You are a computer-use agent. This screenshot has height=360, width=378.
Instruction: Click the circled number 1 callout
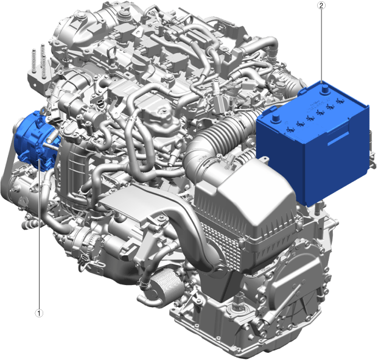point(39,313)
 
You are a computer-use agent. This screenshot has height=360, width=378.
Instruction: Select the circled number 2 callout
point(321,6)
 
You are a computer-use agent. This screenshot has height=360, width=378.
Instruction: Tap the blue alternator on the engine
point(36,141)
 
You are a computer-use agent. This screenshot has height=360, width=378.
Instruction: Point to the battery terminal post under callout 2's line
point(324,90)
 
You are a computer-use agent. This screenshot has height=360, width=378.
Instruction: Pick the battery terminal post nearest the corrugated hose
point(275,119)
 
